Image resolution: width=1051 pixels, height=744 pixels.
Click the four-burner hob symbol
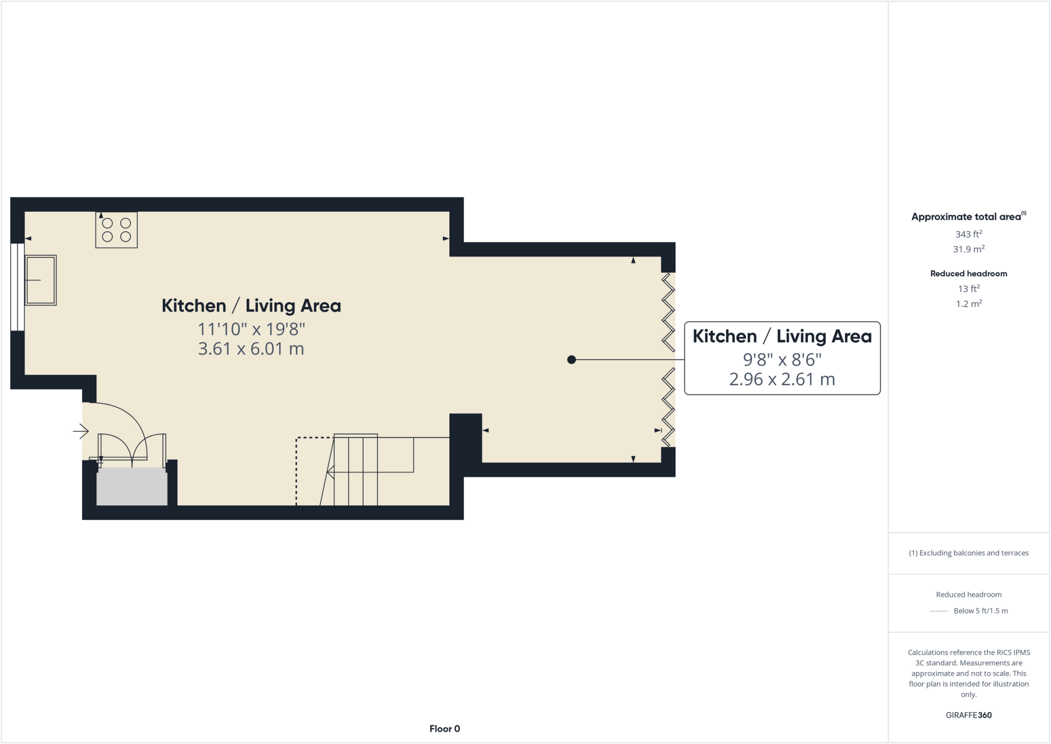116,230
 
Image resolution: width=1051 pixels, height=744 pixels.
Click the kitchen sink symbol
41,280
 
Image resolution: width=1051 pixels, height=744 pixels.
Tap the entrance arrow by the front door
81,431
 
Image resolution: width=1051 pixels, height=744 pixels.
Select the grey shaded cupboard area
132,486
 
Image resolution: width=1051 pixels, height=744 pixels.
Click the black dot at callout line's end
572,360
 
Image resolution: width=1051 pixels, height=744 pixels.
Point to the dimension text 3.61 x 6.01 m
251,349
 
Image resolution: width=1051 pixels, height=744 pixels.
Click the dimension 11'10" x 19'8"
251,329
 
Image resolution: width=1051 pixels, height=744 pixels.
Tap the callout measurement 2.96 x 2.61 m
782,379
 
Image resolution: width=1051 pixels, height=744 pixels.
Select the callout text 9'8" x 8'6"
782,359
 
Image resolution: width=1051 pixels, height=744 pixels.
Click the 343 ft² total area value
968,234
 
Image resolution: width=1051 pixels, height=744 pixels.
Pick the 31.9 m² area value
968,250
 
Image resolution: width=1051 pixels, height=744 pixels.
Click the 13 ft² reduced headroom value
968,289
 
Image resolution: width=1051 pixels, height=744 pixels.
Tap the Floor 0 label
444,729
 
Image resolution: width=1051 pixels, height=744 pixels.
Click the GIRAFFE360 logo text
968,715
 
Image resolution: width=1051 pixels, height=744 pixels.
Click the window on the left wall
17,287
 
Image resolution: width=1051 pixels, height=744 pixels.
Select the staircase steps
356,470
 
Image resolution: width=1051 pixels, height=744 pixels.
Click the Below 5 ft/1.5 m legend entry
980,611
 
